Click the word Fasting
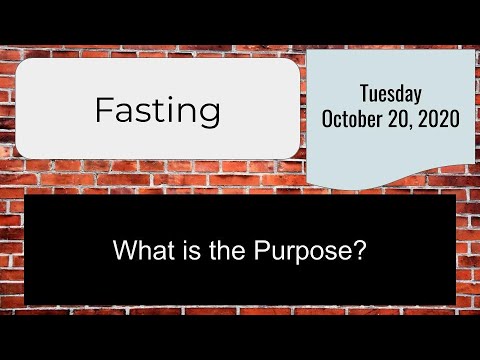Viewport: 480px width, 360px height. [x=157, y=110]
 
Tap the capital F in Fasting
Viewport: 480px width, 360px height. [x=104, y=110]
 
